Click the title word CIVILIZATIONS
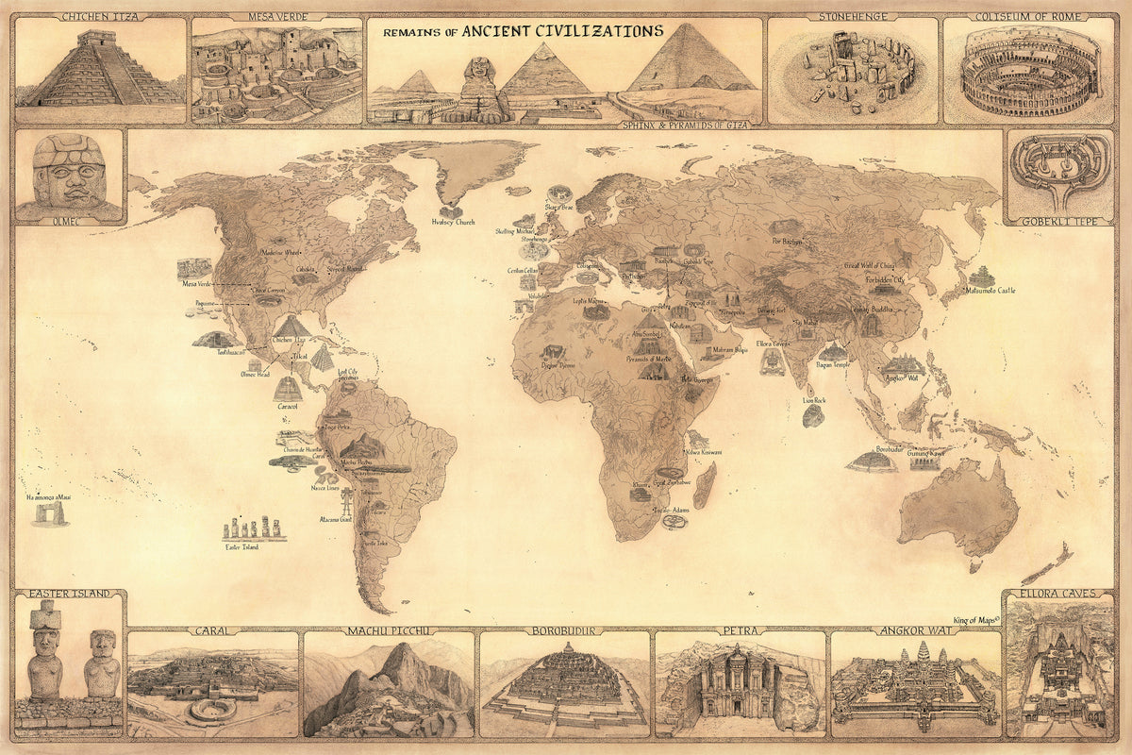[599, 30]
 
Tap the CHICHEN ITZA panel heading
[100, 16]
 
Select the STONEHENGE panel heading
[852, 16]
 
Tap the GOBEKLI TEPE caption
[1057, 222]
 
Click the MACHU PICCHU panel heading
[389, 630]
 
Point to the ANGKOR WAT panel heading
[915, 630]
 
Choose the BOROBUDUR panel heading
[564, 630]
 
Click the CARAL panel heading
[213, 630]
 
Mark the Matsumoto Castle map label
[990, 290]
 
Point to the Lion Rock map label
[814, 400]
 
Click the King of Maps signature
[974, 619]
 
